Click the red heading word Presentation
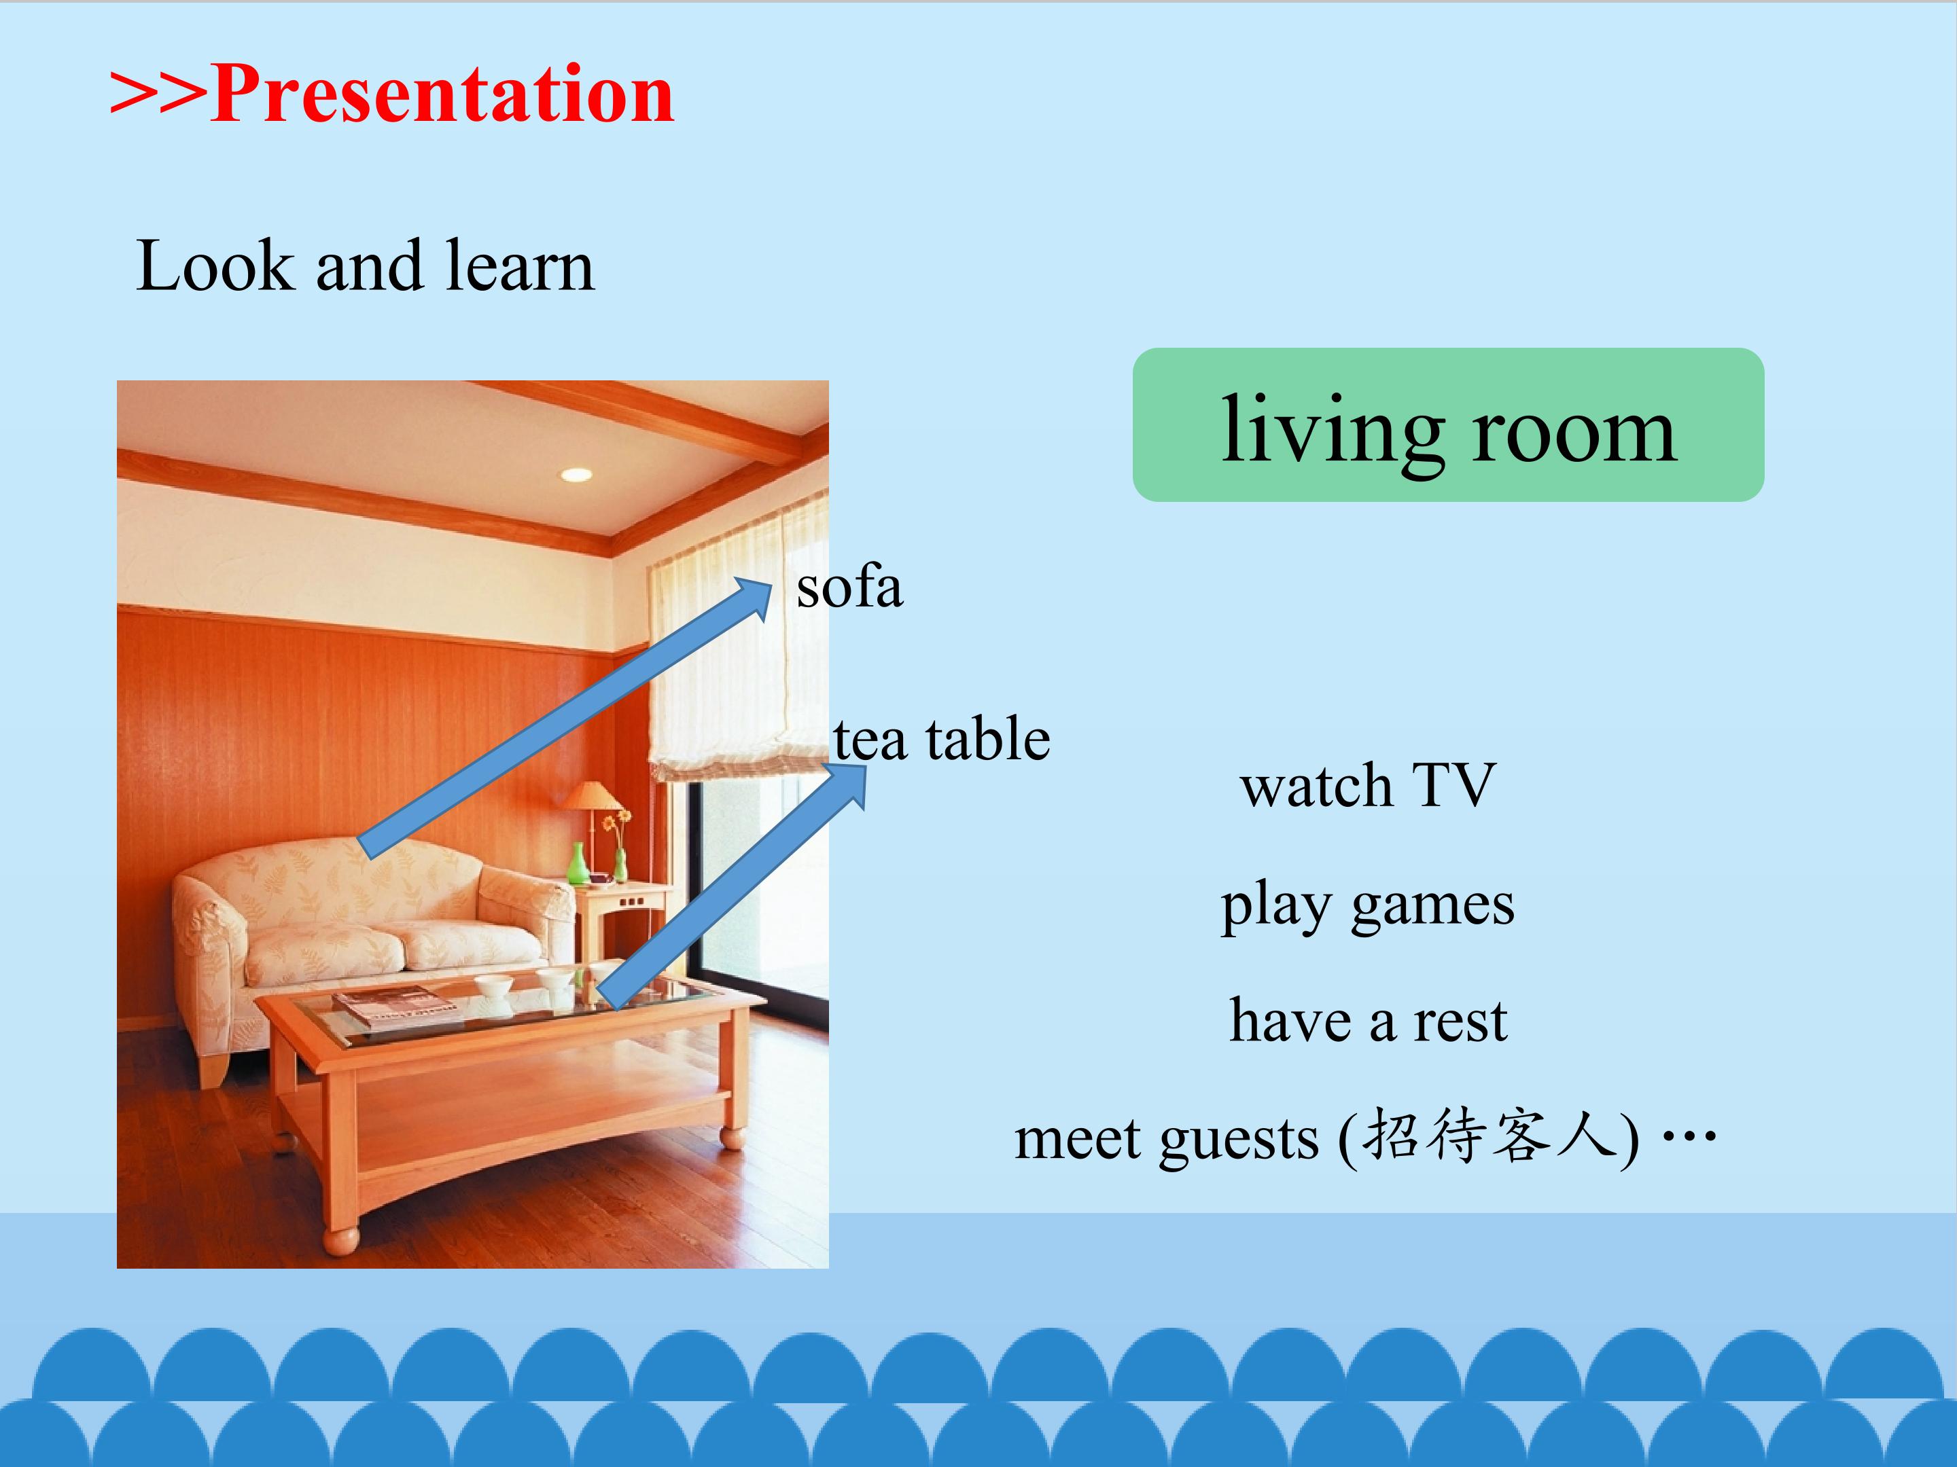click(442, 96)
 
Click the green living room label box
click(1448, 424)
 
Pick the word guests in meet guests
click(1239, 1140)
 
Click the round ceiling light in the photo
click(576, 475)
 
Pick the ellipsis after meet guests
click(1690, 1136)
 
